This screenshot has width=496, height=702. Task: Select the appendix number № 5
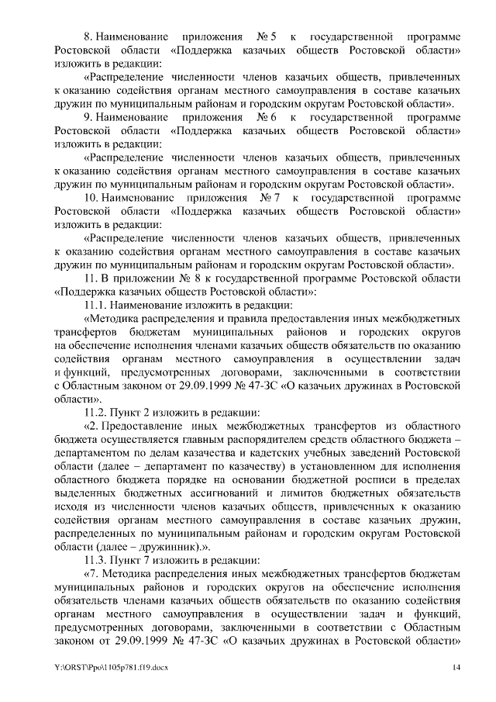[261, 37]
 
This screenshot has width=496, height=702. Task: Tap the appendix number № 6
[261, 117]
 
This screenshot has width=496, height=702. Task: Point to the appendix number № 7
[269, 198]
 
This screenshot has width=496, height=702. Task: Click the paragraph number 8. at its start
[90, 37]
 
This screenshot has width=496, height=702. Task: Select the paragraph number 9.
[90, 117]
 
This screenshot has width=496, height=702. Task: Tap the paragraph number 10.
[94, 198]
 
